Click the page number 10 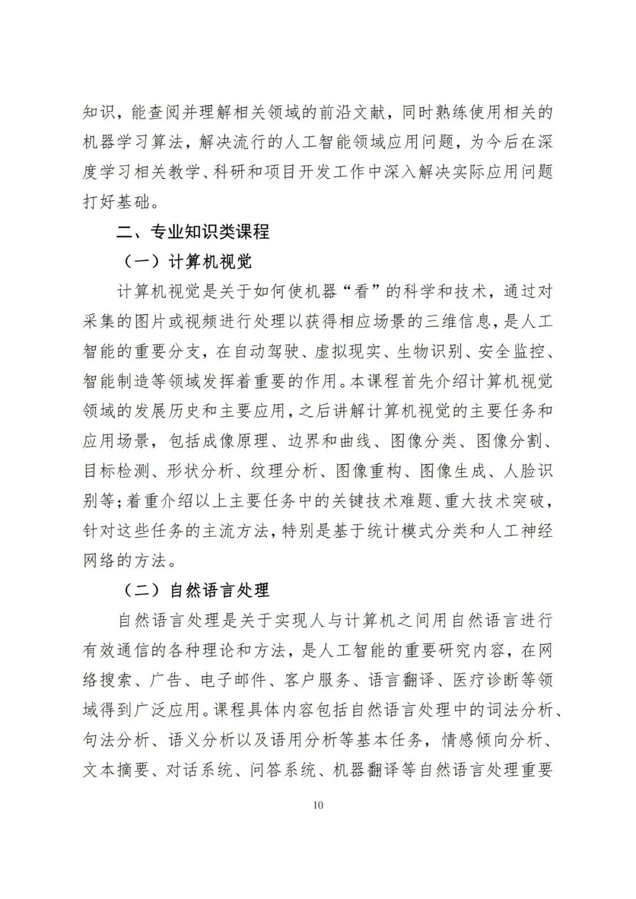point(318,805)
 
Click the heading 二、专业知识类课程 point(193,231)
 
